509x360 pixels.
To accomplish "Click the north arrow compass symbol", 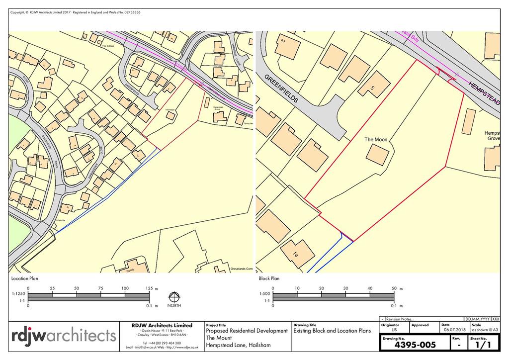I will click(x=174, y=297).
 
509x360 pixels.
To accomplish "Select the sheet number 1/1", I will click(x=480, y=344).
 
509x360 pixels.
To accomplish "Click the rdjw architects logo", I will click(x=64, y=336).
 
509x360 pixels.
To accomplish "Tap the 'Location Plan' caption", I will click(x=25, y=279).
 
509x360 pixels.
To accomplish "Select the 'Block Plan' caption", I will click(x=269, y=279).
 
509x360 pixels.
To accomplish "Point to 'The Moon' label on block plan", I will click(x=376, y=140).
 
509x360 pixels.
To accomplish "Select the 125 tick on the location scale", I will click(x=149, y=288).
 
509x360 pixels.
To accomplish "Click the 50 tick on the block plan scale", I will click(x=394, y=288).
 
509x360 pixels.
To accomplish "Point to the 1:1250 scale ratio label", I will click(x=18, y=294).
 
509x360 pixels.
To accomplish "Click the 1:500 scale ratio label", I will click(x=264, y=294).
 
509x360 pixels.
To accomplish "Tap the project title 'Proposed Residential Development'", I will click(x=247, y=331).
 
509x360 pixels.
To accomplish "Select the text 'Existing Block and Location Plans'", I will click(x=332, y=331).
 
